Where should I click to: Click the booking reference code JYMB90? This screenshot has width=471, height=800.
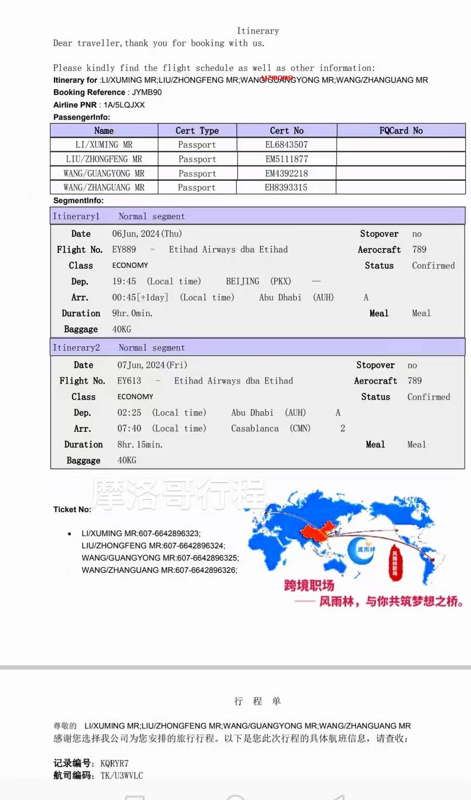[x=146, y=92]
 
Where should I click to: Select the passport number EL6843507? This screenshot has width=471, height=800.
[x=286, y=145]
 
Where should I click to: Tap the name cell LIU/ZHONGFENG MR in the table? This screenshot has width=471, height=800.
[x=104, y=159]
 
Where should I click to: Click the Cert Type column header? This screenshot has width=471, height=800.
[x=197, y=131]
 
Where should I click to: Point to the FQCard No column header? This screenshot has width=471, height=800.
[x=401, y=131]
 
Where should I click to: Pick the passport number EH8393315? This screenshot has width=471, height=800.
[x=286, y=188]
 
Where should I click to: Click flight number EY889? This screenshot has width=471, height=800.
[x=124, y=250]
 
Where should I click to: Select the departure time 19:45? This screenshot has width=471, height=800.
[x=124, y=282]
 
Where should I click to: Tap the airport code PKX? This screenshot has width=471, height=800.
[x=281, y=282]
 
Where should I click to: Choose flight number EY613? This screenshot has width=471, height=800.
[x=129, y=381]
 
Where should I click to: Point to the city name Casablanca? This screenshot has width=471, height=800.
[x=255, y=429]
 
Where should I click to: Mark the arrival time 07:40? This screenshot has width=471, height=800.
[x=129, y=429]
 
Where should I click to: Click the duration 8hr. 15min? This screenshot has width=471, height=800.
[x=140, y=445]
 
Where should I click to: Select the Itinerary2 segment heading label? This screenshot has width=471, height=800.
[x=76, y=348]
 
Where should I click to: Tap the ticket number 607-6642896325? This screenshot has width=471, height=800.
[x=207, y=558]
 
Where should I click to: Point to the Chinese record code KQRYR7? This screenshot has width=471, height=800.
[x=114, y=763]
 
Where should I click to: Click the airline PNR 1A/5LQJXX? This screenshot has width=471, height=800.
[x=124, y=105]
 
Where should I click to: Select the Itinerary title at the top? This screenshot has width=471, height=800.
[x=258, y=31]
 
